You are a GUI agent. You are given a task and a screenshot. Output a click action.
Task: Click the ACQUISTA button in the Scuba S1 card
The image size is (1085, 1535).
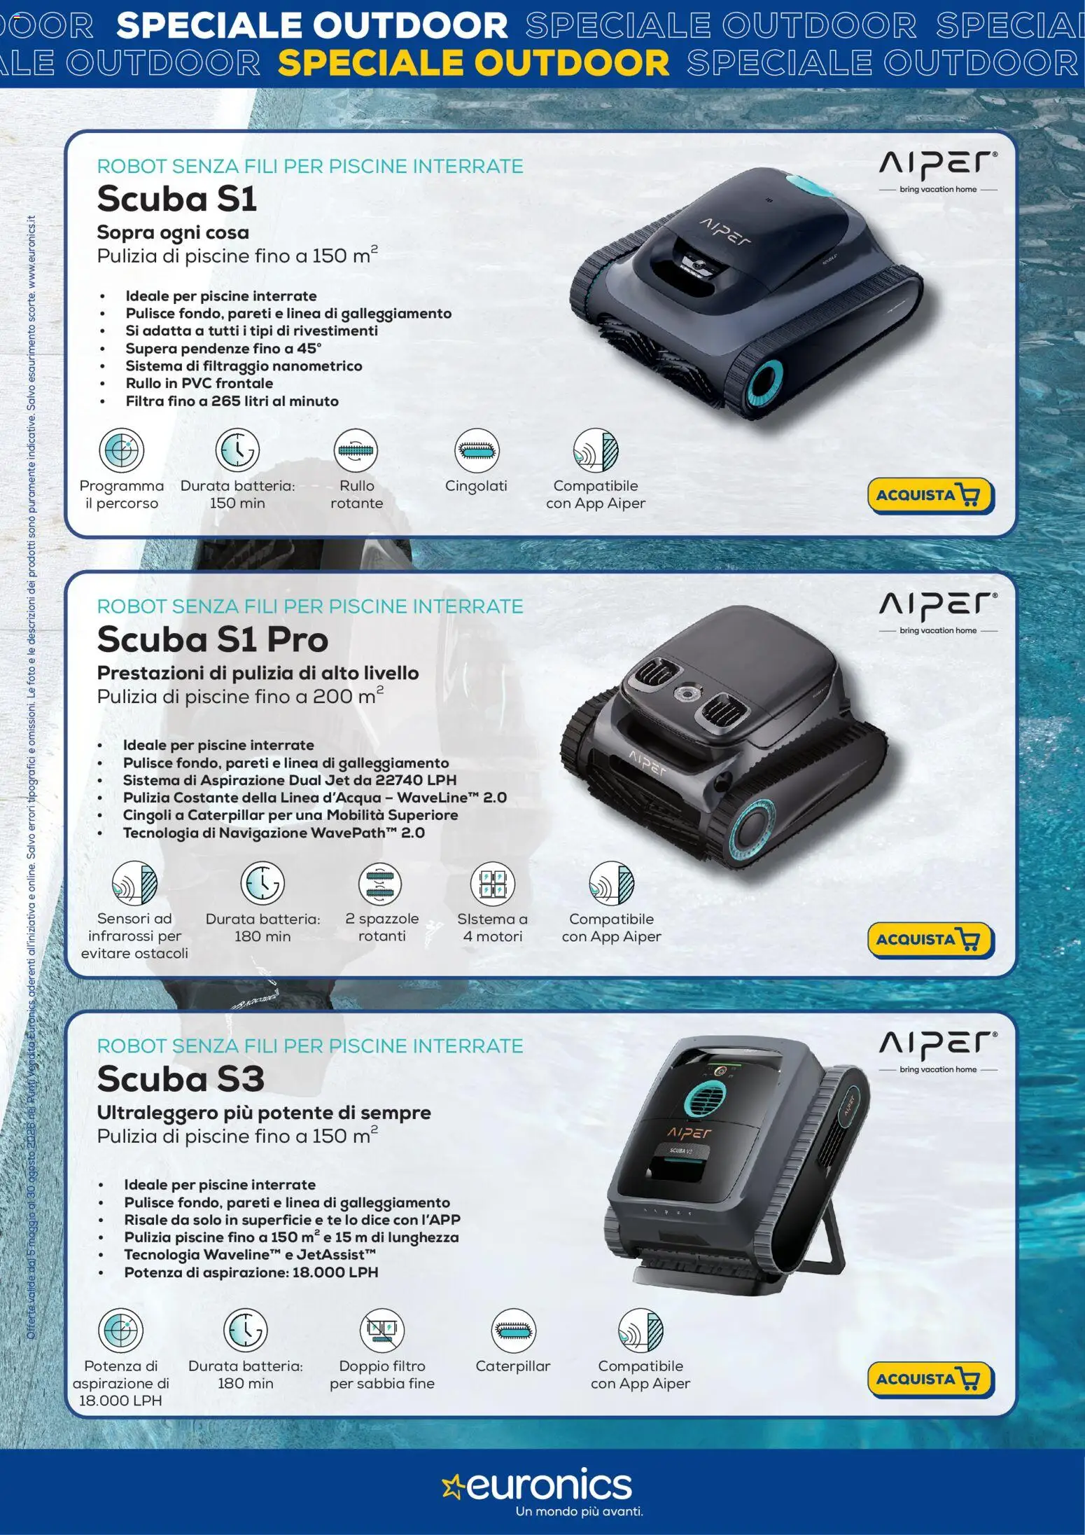point(931,496)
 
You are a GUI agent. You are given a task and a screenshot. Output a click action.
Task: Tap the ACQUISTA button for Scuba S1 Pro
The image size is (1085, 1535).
point(931,939)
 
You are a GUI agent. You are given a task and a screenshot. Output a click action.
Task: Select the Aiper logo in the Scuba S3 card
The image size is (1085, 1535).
point(938,1051)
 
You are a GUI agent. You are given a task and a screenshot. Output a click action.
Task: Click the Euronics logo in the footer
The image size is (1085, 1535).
point(538,1491)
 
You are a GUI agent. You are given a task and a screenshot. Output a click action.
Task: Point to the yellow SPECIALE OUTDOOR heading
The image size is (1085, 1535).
point(474,63)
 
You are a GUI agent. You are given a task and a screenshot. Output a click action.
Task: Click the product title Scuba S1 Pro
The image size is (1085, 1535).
point(213,639)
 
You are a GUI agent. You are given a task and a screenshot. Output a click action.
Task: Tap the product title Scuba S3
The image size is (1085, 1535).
point(181,1078)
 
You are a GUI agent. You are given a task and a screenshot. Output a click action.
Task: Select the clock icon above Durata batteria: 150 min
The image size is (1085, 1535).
point(237,450)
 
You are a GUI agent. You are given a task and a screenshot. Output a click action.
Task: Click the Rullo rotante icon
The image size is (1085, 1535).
point(356,450)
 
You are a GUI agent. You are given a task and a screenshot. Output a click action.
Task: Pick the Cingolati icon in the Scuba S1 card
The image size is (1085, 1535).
point(477,450)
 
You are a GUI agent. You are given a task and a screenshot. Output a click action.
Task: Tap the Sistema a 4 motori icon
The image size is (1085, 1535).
point(493,883)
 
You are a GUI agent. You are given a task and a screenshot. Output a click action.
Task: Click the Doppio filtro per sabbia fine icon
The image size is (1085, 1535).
point(382,1330)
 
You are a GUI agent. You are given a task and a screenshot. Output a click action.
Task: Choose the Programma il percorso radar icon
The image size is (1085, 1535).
point(121,450)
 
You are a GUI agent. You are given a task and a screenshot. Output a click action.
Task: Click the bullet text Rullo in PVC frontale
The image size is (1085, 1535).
point(199,384)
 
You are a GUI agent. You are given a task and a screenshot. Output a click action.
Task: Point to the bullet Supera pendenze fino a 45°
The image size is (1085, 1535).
point(223,349)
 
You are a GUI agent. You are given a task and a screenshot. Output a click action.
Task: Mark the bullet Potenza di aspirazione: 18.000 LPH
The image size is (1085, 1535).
point(251,1272)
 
